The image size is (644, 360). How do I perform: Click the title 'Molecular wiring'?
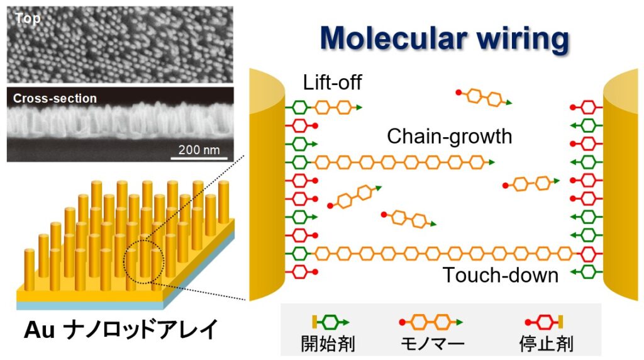[x=444, y=39]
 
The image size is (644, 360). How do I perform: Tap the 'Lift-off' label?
[x=333, y=82]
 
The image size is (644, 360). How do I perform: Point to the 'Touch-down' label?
[x=500, y=275]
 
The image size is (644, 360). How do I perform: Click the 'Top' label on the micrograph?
[x=28, y=18]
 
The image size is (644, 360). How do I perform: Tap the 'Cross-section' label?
[x=55, y=98]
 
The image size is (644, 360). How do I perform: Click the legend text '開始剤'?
[x=330, y=344]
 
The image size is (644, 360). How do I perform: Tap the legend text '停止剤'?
[x=543, y=344]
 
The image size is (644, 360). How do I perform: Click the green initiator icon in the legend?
[x=331, y=322]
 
